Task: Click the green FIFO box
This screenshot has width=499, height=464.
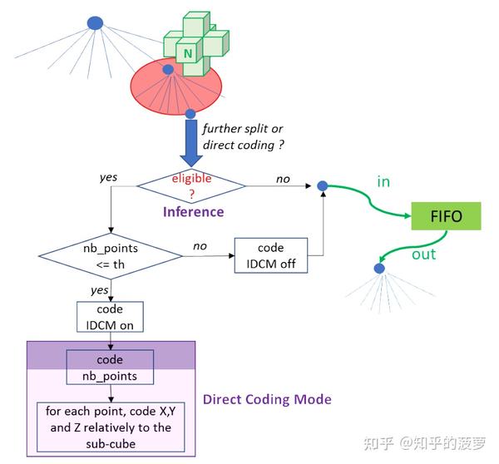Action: (x=447, y=218)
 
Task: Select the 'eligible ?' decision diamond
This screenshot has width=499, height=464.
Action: (x=191, y=185)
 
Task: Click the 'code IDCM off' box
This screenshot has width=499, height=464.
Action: (x=271, y=255)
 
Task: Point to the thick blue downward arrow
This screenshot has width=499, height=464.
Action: (x=191, y=141)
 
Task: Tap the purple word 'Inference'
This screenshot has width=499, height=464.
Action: (x=192, y=212)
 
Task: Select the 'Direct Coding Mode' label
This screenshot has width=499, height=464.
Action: (x=267, y=399)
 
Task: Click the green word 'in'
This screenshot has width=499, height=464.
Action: (x=383, y=181)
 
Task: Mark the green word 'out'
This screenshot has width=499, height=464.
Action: (x=423, y=254)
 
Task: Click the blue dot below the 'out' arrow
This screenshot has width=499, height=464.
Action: (x=379, y=269)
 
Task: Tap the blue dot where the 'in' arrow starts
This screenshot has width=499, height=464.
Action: (x=321, y=185)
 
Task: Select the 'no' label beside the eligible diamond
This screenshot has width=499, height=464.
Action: (x=282, y=178)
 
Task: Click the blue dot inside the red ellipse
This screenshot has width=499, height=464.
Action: (x=168, y=70)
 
